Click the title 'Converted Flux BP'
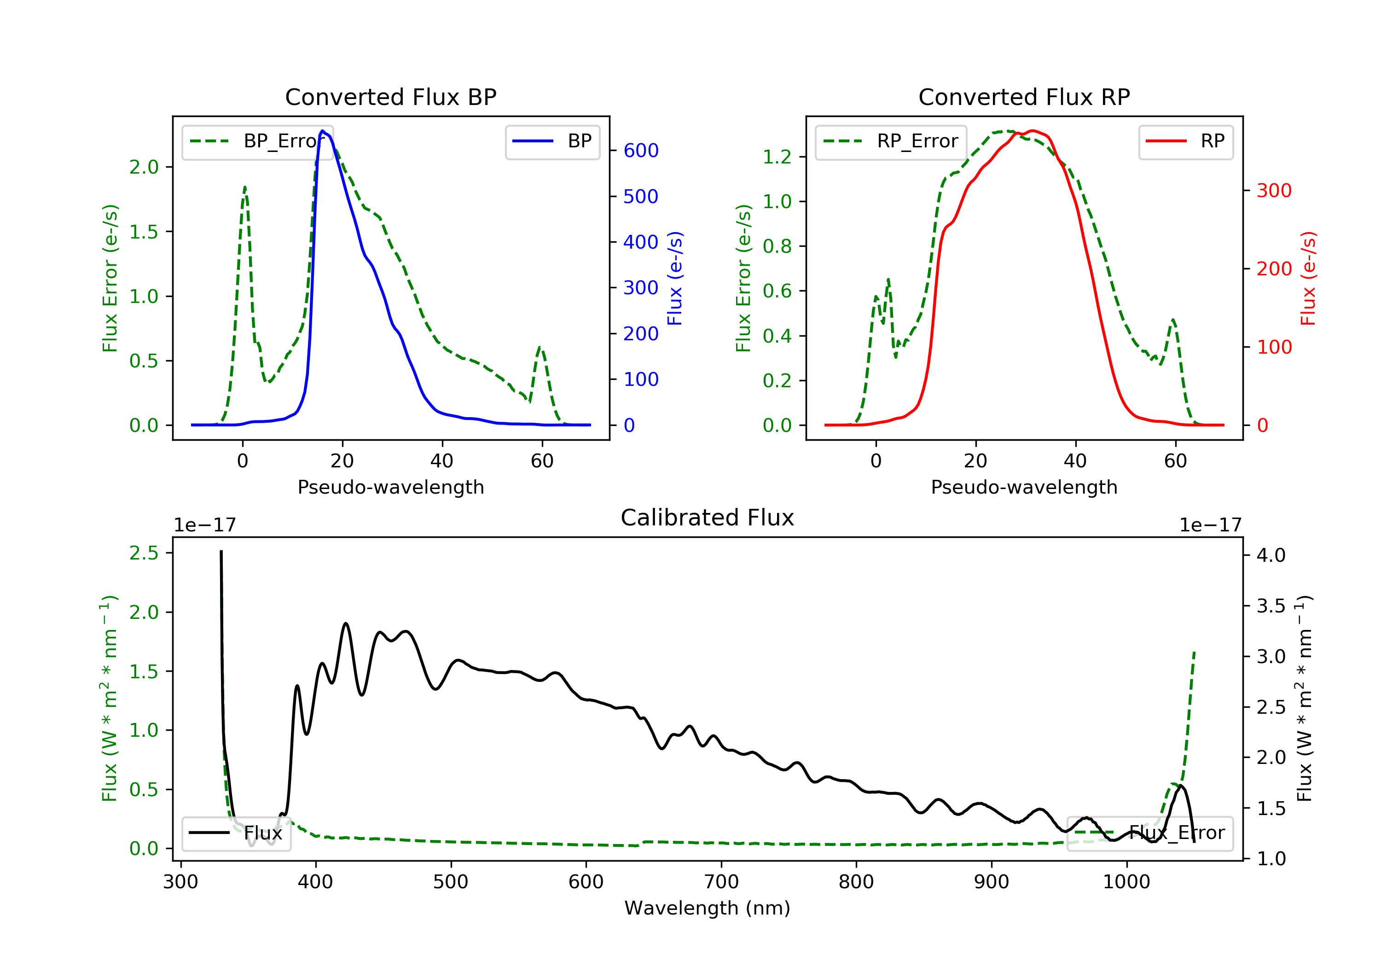[x=390, y=97]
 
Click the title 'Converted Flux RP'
[x=1024, y=97]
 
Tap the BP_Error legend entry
[x=257, y=141]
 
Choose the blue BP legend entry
[x=552, y=141]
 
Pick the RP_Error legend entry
[x=890, y=141]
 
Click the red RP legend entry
[x=1185, y=141]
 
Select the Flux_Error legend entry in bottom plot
[x=1149, y=833]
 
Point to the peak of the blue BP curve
[x=322, y=131]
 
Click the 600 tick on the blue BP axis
[x=641, y=151]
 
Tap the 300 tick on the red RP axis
[x=1274, y=191]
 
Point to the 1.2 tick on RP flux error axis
[x=777, y=157]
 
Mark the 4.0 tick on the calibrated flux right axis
[x=1271, y=555]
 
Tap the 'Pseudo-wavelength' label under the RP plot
[x=1024, y=487]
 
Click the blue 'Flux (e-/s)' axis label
[x=675, y=278]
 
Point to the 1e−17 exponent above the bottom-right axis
[x=1210, y=525]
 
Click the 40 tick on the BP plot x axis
[x=441, y=461]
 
